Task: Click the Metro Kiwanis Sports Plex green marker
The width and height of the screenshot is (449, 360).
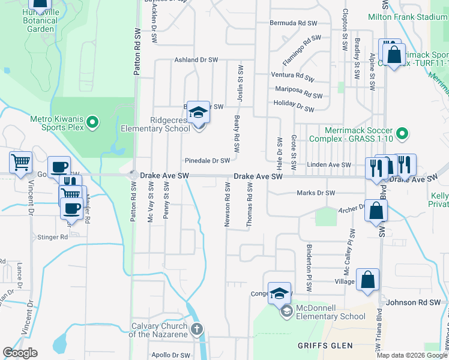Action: tap(92, 123)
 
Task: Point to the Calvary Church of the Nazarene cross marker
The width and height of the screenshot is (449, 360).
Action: tap(197, 328)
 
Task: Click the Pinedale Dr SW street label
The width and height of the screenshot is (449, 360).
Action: tap(207, 161)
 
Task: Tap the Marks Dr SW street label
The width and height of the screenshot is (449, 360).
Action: tap(316, 193)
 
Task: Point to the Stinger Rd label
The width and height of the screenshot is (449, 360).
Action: tap(53, 237)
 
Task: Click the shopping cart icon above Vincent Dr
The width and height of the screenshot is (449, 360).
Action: tap(20, 162)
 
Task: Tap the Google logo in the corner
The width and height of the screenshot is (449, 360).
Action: tap(20, 353)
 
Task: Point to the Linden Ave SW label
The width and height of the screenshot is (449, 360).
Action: tap(328, 164)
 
